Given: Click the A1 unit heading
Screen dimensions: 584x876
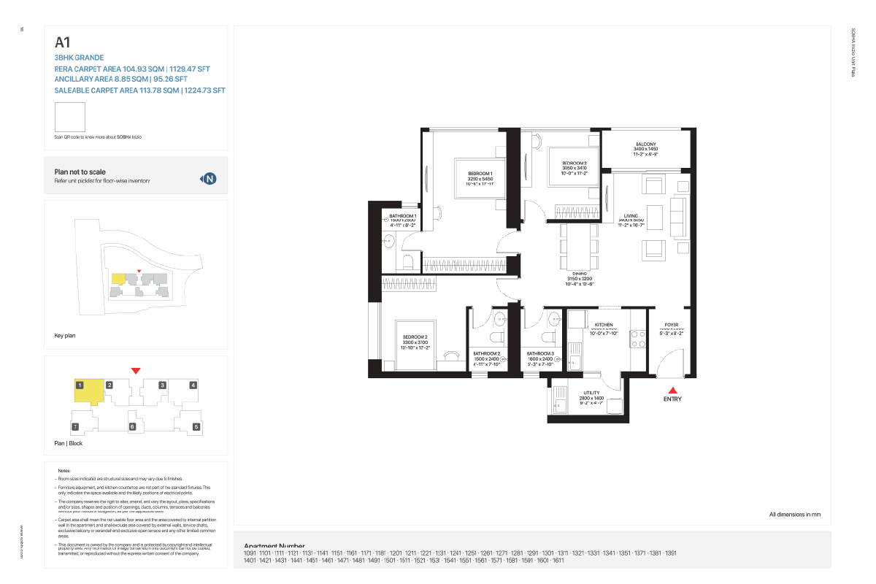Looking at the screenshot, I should (x=62, y=42).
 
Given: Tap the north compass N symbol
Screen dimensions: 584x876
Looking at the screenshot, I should (x=210, y=178).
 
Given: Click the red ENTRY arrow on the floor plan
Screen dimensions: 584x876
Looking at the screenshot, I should (x=672, y=391).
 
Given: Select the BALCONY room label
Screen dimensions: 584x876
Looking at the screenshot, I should (x=645, y=145).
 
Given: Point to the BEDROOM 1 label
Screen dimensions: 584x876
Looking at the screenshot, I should (x=480, y=174).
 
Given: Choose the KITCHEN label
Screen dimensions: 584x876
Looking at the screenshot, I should (x=603, y=325).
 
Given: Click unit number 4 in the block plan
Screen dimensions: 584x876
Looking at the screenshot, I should (x=193, y=385).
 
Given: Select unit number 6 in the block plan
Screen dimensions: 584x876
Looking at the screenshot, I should (x=132, y=426).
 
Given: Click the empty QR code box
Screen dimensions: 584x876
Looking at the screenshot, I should (x=70, y=117).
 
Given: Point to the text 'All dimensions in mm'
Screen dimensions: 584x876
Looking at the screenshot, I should (x=794, y=515).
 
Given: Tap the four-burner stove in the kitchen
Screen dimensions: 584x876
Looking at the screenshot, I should (x=637, y=339).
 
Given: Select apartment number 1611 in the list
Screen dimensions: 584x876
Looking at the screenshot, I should (x=558, y=560).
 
